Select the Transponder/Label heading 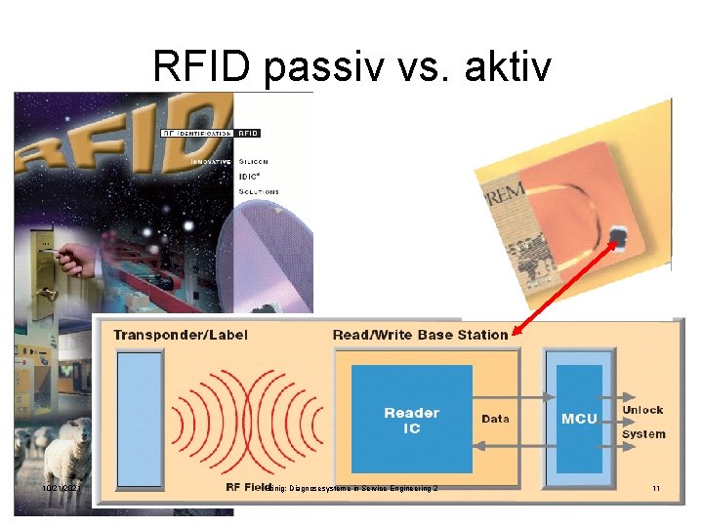[181, 335]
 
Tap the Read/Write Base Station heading [420, 335]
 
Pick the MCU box [579, 419]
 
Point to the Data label [495, 419]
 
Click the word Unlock [642, 410]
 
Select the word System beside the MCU [642, 434]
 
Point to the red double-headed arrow [566, 288]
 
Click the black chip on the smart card [619, 236]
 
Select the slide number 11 [656, 488]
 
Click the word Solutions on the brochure [259, 192]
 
